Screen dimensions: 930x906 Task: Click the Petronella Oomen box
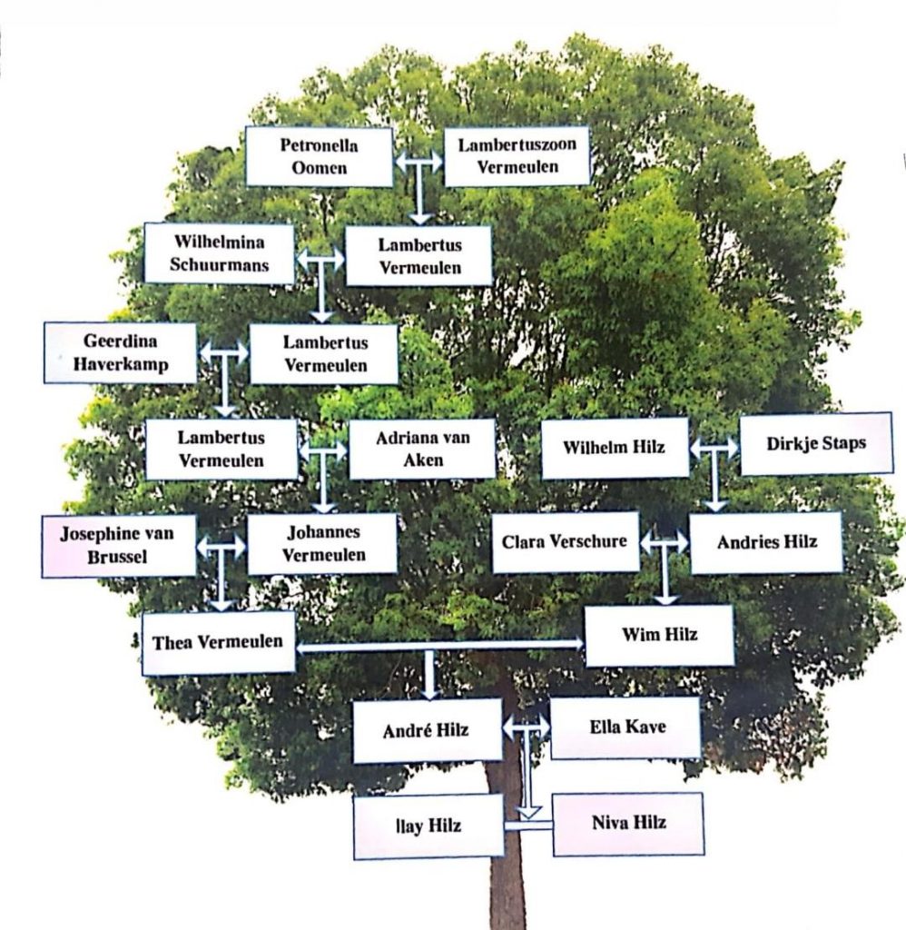[x=319, y=157]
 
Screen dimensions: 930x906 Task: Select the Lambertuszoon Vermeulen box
[x=517, y=156]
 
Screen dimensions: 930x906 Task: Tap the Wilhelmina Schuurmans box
[x=219, y=254]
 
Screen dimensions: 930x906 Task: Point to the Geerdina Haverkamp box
[x=120, y=353]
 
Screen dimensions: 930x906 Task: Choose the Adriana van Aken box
[x=422, y=449]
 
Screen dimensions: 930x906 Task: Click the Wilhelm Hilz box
[x=615, y=448]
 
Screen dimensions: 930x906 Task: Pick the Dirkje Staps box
[x=815, y=444]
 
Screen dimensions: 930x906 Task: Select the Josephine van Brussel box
[x=118, y=546]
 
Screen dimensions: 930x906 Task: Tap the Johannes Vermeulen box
[x=322, y=543]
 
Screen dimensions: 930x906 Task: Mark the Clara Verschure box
[x=565, y=542]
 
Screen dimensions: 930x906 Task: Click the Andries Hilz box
[x=766, y=543]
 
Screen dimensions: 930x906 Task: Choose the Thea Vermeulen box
[x=218, y=643]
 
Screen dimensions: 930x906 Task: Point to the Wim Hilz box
[x=659, y=635]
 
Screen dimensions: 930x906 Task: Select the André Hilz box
[x=427, y=730]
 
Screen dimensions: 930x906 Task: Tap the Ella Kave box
[x=625, y=727]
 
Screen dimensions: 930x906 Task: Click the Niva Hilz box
[x=628, y=824]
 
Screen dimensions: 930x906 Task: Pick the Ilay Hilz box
[x=428, y=826]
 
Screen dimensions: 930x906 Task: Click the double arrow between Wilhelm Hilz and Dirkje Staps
[x=714, y=448]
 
